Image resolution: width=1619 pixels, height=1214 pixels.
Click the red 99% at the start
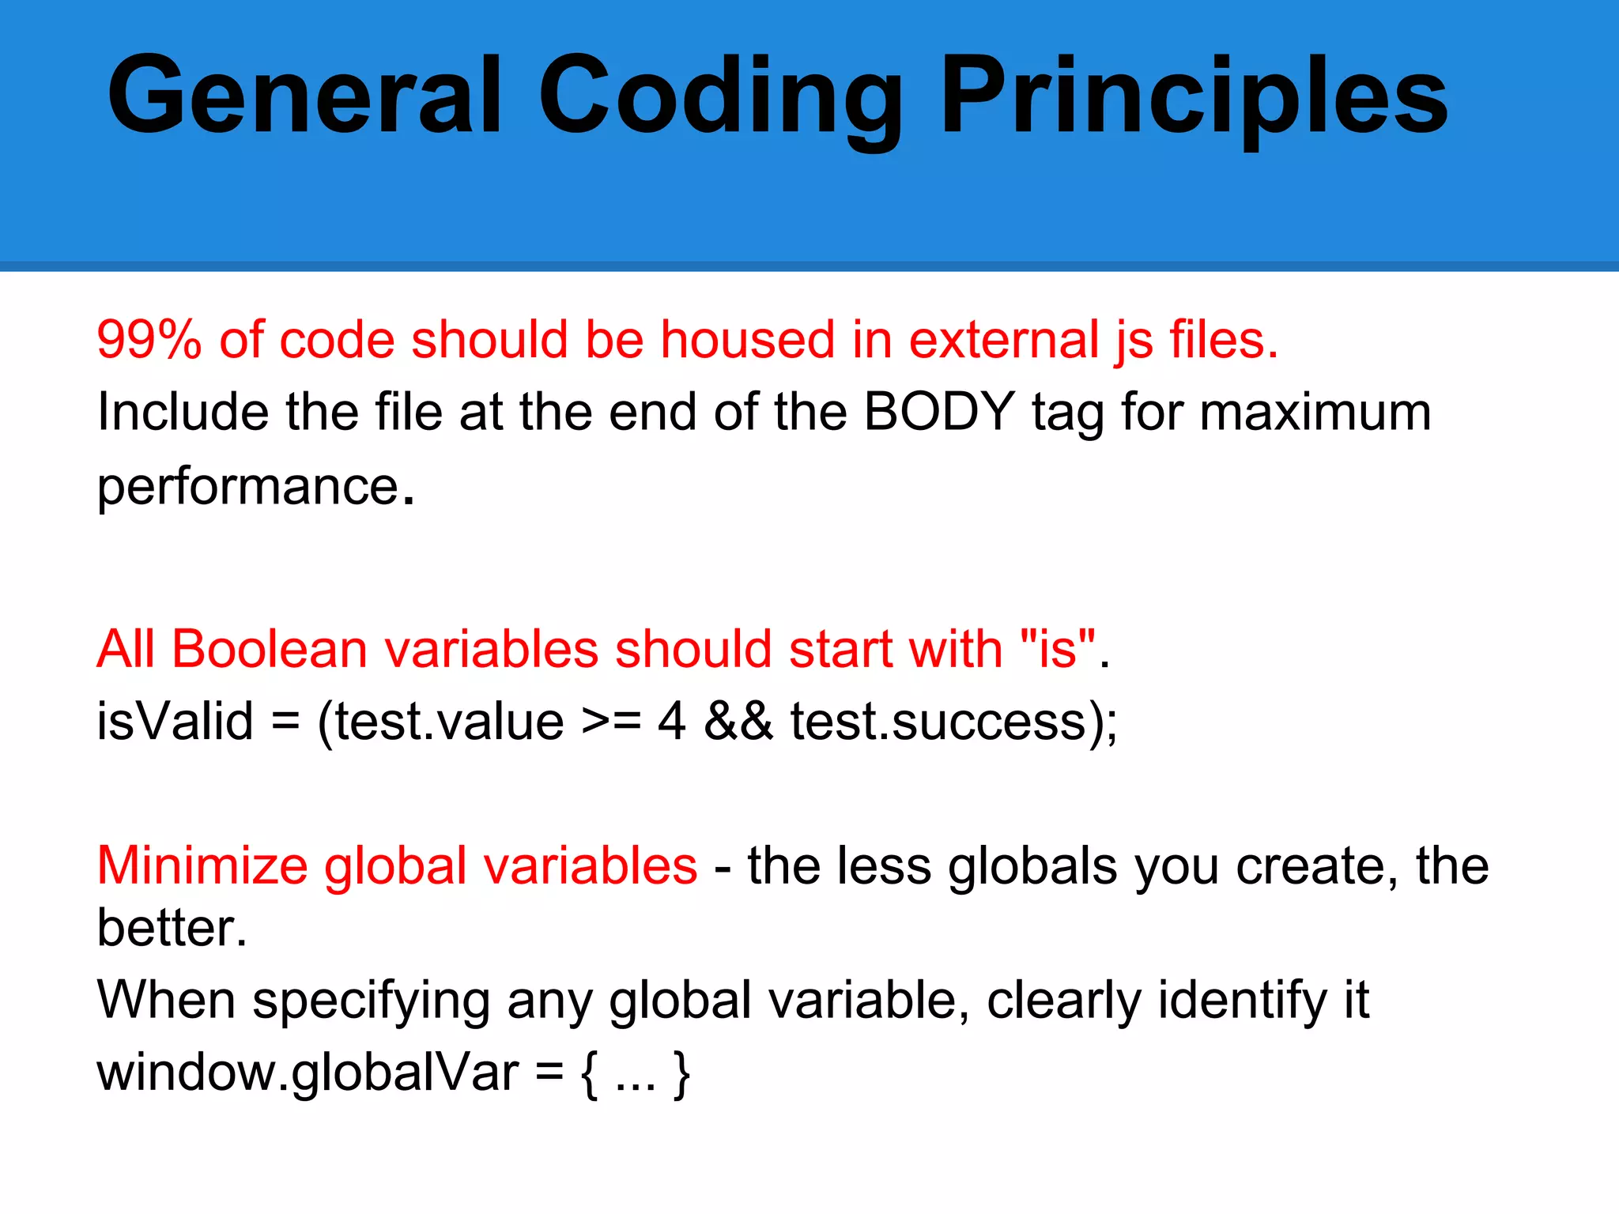149,340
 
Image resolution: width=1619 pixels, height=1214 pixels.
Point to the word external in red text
1004,340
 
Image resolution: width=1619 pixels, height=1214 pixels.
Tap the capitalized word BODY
938,412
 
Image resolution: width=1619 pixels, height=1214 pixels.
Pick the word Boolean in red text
269,650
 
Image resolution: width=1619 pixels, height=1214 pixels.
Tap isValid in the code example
175,722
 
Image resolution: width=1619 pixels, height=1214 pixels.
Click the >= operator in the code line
610,722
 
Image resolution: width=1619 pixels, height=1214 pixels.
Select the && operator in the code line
738,722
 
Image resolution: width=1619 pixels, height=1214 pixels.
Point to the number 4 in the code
671,722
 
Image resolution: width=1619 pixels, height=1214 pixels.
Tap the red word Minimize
202,865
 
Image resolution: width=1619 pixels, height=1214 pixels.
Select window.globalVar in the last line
307,1073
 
